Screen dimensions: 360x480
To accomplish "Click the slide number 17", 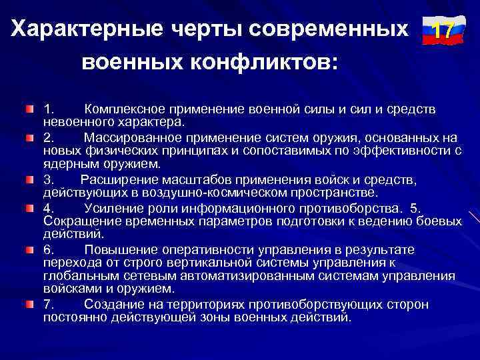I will click(x=439, y=31).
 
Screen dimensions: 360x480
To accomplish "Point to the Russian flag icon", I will click(x=439, y=31).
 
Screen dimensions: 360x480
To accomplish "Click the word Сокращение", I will click(x=78, y=221).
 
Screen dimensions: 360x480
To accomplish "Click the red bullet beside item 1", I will click(x=30, y=107).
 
